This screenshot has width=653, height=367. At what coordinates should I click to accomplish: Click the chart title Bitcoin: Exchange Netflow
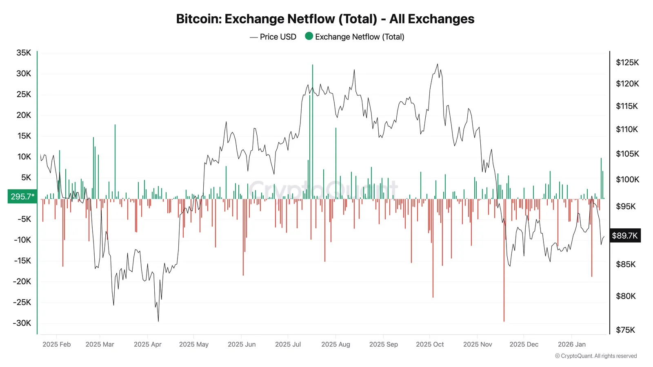pos(325,19)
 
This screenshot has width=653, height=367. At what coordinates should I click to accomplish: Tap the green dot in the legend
pos(309,36)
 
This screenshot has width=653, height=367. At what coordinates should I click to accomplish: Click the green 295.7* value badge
pos(22,197)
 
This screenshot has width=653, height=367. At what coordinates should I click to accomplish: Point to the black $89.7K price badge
pos(624,236)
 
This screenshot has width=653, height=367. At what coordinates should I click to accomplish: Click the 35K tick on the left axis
pos(24,53)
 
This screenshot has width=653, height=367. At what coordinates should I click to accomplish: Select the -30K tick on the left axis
pos(22,323)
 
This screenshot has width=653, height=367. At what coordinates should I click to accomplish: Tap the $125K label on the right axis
pos(627,62)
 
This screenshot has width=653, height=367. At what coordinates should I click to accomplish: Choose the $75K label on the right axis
pos(625,330)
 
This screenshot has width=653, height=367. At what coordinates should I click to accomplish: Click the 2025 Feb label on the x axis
pos(56,344)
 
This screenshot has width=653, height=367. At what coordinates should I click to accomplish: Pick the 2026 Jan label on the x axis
pos(571,344)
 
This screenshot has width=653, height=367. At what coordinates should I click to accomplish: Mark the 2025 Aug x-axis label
pos(335,344)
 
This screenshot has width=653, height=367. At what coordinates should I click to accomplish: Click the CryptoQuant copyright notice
pos(596,356)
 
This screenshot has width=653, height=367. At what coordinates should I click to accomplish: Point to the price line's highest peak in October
pos(438,64)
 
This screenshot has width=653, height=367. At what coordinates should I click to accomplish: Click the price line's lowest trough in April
pos(158,321)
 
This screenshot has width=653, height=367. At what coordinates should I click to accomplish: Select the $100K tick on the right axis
pos(627,179)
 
